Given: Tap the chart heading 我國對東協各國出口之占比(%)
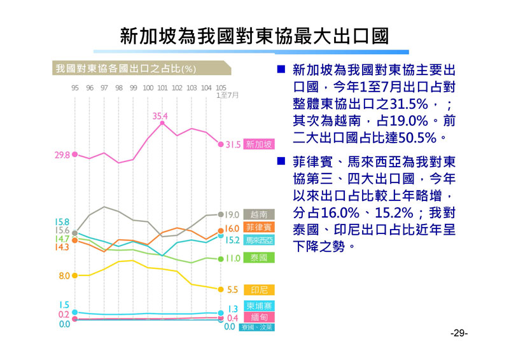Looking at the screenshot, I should (125, 68).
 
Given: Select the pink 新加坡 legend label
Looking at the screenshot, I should (259, 144).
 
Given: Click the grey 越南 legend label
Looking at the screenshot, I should (259, 214).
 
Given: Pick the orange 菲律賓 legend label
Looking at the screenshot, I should (259, 228).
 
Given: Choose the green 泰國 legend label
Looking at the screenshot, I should (259, 258).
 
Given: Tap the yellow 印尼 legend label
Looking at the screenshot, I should (259, 289).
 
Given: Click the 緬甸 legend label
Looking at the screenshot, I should (259, 317).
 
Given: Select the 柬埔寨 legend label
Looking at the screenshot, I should (259, 306).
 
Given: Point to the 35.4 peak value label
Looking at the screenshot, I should (160, 116).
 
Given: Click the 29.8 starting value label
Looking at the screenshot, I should (62, 155).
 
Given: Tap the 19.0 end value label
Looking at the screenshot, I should (232, 215).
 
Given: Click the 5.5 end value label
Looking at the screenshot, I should (232, 289).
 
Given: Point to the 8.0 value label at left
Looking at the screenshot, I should (64, 276).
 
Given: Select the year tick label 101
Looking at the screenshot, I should (162, 88).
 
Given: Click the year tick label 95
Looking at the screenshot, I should (75, 88).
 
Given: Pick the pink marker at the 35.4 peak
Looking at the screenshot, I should (163, 123).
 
